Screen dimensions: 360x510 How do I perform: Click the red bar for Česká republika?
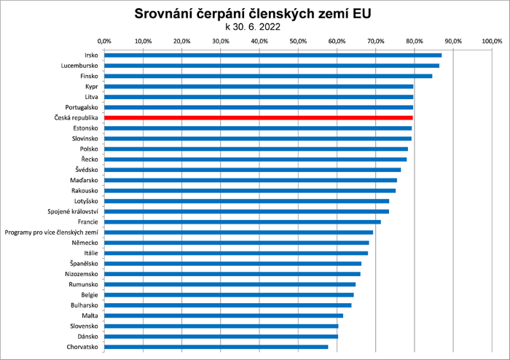point(259,117)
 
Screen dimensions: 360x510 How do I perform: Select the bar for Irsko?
point(272,55)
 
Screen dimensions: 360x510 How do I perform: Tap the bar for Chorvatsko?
point(216,347)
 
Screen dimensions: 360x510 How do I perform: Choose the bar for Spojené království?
point(246,211)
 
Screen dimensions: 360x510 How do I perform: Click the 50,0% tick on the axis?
point(298,41)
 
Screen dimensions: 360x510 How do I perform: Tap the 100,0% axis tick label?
point(493,41)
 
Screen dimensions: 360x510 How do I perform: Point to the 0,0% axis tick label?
point(104,41)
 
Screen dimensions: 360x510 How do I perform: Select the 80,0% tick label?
point(415,41)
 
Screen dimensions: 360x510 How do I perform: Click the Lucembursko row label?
point(79,66)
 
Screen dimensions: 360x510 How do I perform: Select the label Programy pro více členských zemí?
point(51,232)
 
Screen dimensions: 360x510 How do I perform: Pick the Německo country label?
point(85,243)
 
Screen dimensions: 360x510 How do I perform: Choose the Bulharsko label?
point(82,305)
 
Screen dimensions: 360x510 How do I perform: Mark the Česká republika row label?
point(76,117)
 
